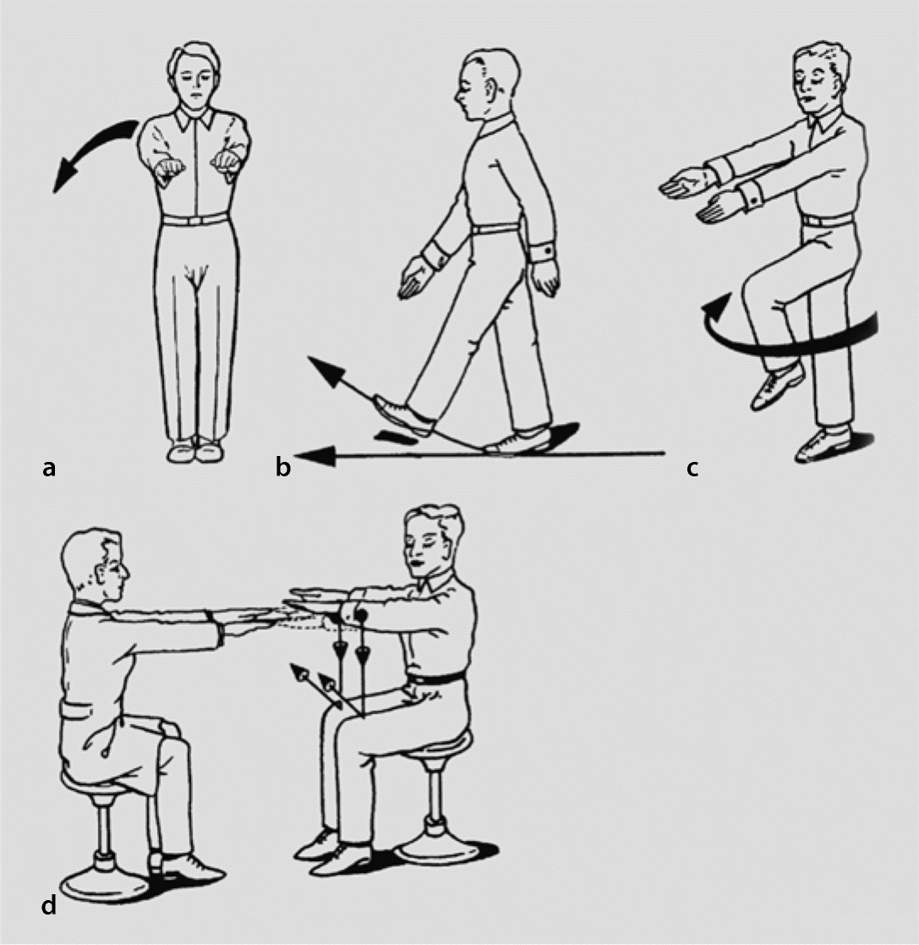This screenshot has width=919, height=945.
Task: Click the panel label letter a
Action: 49,468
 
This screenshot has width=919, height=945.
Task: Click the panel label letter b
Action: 283,466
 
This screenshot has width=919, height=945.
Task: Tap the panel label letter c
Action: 692,469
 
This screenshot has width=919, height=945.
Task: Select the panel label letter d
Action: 49,905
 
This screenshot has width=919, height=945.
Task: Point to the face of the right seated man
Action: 422,552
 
